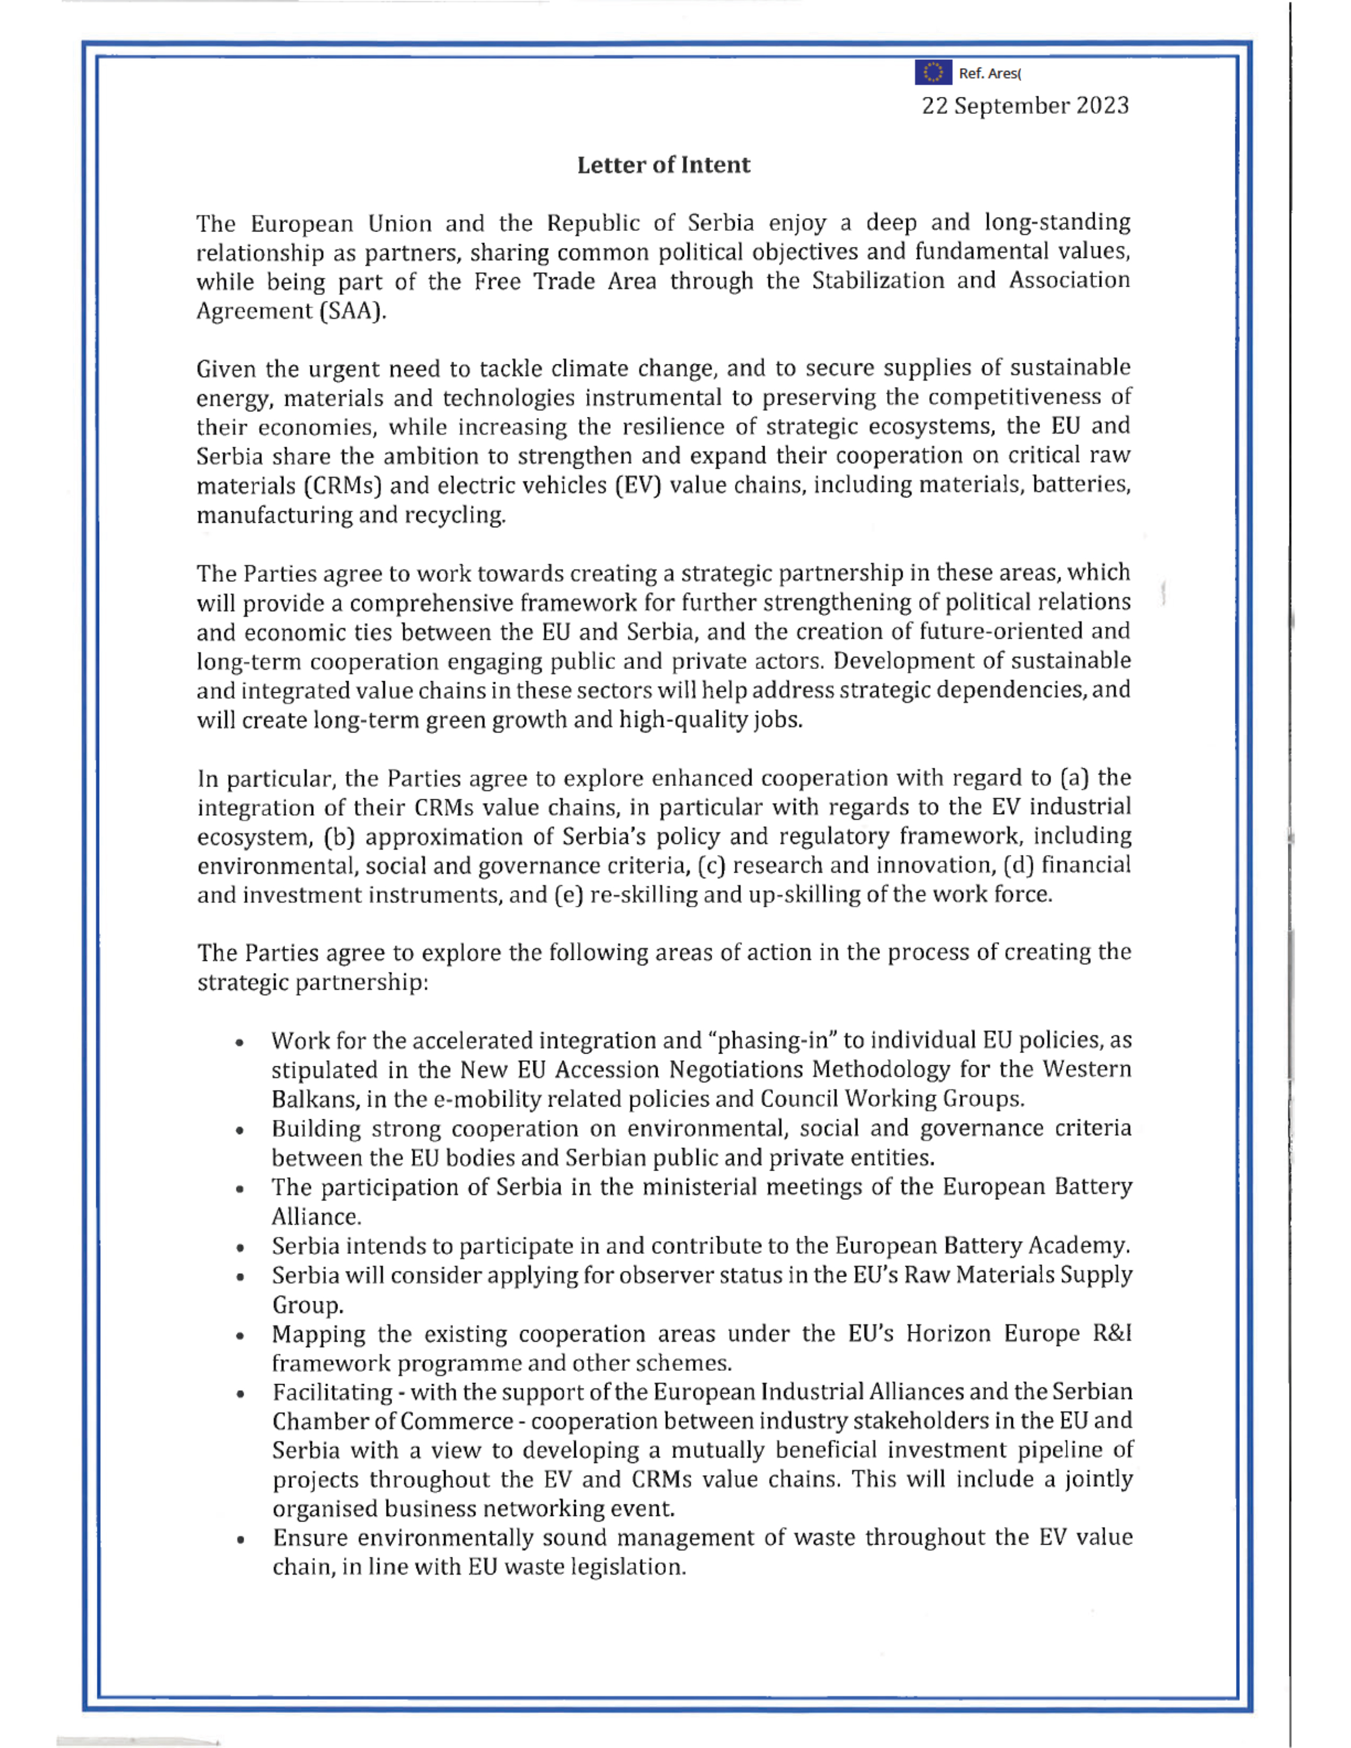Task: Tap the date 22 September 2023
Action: point(1025,106)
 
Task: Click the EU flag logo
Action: point(932,72)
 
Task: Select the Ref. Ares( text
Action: point(989,73)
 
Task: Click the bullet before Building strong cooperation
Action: point(239,1131)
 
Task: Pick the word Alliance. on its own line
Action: point(316,1217)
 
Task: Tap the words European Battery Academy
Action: point(982,1246)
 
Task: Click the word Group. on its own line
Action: point(307,1305)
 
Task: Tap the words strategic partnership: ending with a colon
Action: point(313,982)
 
